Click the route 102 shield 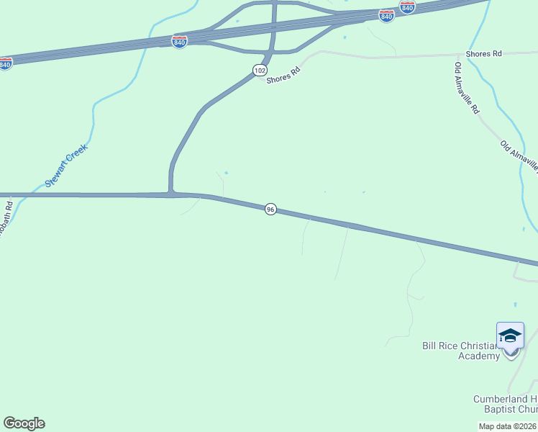(260, 70)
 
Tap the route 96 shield (270, 209)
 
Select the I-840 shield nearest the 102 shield (180, 41)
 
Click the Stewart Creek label (65, 166)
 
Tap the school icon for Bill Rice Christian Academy (510, 336)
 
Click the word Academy (478, 356)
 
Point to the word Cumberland (501, 399)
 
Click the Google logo (24, 423)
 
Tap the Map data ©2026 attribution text (508, 426)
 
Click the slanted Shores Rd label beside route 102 (282, 74)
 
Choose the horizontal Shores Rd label (483, 54)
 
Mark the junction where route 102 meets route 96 (171, 194)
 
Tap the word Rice (451, 346)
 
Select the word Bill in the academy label (429, 346)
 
